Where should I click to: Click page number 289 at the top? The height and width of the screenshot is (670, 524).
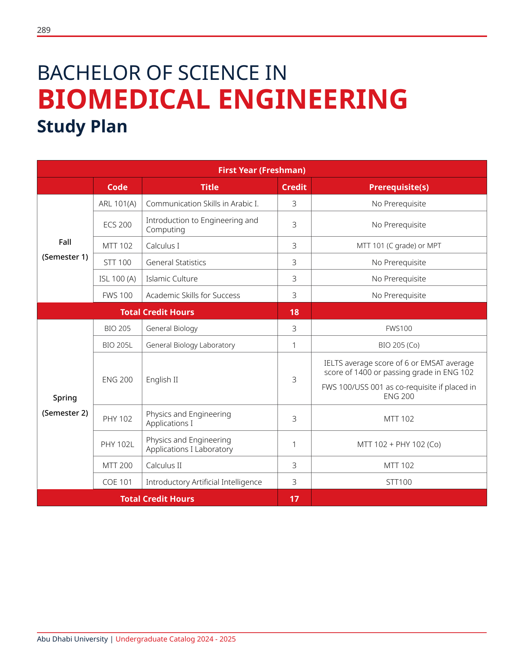pos(44,30)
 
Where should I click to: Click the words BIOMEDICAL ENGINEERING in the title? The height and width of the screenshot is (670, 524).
pos(222,99)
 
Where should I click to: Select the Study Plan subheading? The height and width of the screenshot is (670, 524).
pos(82,126)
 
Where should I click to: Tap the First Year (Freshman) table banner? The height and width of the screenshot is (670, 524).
pos(262,170)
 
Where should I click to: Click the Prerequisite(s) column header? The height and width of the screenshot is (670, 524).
pos(399,187)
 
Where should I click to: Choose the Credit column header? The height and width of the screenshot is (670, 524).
pos(294,187)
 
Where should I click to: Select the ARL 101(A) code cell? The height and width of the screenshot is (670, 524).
pos(118,204)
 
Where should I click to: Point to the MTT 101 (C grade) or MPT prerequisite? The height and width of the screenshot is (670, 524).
pos(399,246)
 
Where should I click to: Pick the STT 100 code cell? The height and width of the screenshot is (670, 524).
pos(118,263)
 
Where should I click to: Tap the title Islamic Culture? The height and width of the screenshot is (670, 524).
pos(172,279)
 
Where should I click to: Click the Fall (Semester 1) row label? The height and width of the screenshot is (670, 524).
pos(65,250)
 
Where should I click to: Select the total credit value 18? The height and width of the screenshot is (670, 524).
pos(294,312)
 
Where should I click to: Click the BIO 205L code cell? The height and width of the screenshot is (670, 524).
pos(118,345)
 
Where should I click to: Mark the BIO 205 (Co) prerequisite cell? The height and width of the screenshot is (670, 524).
pos(399,345)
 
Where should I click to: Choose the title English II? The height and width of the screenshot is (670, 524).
pos(162,380)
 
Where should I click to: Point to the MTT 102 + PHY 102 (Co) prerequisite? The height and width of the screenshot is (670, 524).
pos(399,444)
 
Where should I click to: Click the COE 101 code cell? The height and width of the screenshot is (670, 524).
pos(118,482)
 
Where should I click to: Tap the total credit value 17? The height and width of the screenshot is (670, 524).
pos(294,499)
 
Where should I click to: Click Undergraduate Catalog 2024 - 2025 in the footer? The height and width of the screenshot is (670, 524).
pos(176,639)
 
